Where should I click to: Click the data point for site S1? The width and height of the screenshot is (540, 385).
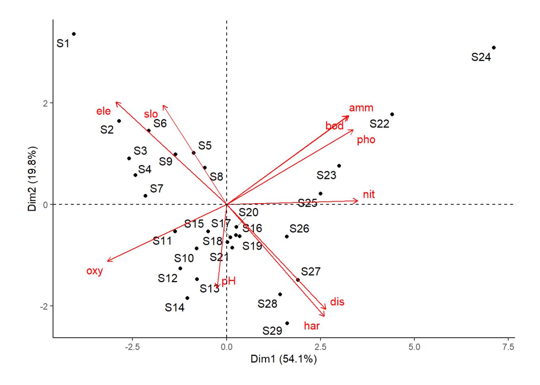click(74, 34)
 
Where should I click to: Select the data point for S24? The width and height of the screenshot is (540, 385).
click(493, 48)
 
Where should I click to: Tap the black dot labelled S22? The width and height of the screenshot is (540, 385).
click(392, 114)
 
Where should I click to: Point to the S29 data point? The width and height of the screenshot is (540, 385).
click(287, 323)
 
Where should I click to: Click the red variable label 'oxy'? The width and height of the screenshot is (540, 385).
click(95, 271)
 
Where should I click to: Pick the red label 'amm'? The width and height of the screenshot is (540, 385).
click(361, 108)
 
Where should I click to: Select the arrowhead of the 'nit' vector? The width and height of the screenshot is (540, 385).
click(358, 201)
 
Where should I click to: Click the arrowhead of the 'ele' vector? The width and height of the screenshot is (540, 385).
click(116, 102)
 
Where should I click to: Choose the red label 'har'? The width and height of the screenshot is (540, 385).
click(312, 326)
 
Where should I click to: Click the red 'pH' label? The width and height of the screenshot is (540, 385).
click(229, 281)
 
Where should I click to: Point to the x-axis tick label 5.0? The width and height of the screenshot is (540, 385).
click(414, 348)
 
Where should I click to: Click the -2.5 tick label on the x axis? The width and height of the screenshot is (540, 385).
click(132, 348)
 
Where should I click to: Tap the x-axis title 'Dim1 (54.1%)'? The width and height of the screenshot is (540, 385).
click(284, 360)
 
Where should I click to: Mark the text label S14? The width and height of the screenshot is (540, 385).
click(175, 307)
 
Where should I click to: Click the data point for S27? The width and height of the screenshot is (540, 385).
click(298, 280)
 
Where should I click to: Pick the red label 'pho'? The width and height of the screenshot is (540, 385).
click(366, 140)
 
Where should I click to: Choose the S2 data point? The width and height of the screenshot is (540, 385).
click(119, 121)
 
